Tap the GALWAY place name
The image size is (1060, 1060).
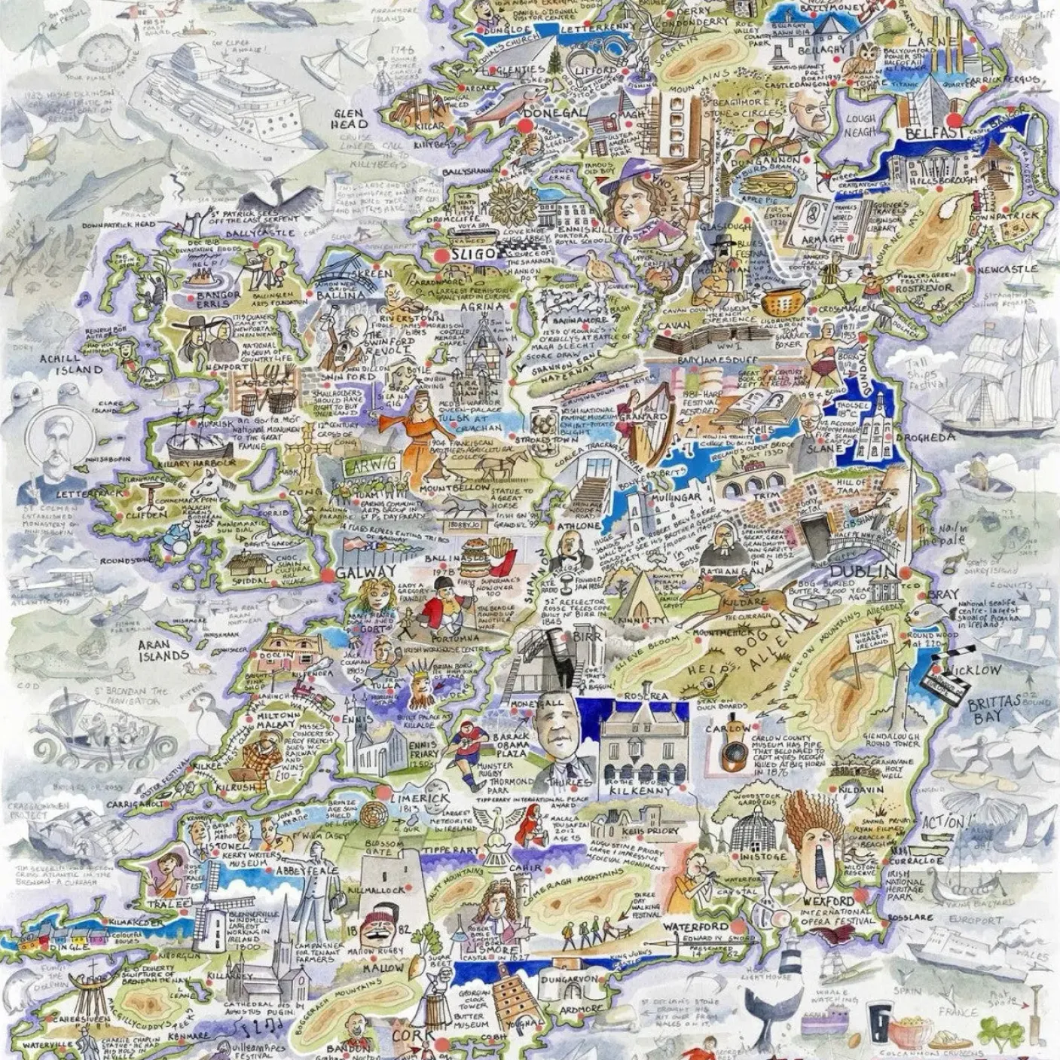click(366, 571)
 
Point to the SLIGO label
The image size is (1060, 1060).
click(475, 254)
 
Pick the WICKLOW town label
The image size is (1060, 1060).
click(976, 670)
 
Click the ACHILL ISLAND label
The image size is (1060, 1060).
click(72, 365)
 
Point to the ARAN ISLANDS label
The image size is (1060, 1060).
click(163, 651)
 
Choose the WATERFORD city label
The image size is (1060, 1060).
click(695, 927)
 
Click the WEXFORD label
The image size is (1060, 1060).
click(829, 902)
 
